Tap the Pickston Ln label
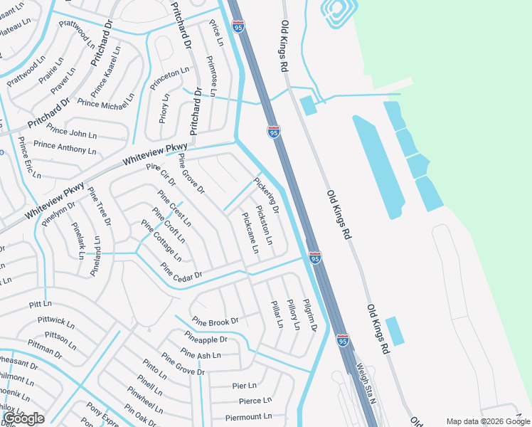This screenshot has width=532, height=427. (264, 225)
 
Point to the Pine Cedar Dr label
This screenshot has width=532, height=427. (181, 272)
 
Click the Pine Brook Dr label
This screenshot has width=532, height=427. (215, 322)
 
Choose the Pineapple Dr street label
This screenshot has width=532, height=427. (206, 339)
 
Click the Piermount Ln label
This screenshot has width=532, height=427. (248, 417)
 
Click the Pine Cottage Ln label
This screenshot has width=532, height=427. (161, 241)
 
